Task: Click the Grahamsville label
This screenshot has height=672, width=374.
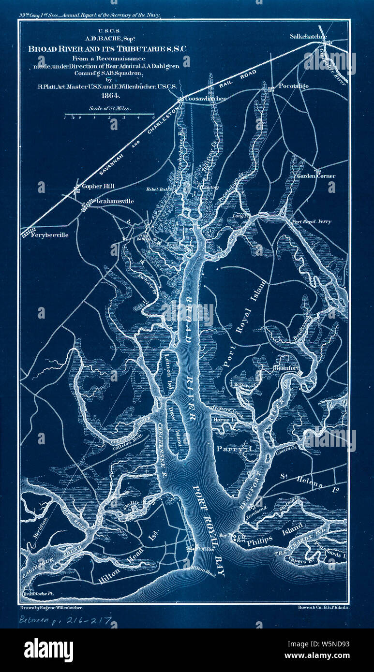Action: (115, 201)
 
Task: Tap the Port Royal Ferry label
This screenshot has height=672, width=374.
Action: (311, 221)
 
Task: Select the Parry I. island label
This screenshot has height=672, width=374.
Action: (234, 449)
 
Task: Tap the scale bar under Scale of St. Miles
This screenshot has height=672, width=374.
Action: (109, 116)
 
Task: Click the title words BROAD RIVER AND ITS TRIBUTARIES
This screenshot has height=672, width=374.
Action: (108, 49)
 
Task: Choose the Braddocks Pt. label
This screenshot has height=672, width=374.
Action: (38, 593)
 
